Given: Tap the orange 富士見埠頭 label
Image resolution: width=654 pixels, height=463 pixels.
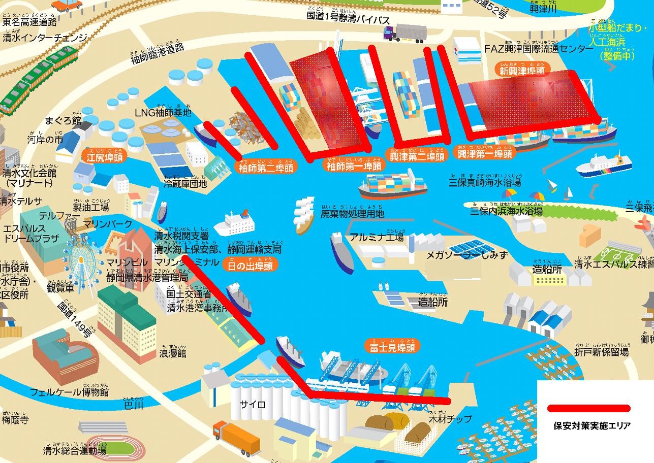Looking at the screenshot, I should (x=392, y=348).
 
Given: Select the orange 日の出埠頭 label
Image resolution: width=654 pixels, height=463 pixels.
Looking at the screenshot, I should (x=247, y=265).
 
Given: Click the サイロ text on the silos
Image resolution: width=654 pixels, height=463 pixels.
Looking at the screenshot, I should (x=253, y=405).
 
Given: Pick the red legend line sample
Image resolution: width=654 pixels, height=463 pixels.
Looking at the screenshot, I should (x=588, y=408).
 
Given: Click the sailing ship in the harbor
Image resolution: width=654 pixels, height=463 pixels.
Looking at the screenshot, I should (x=305, y=214).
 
